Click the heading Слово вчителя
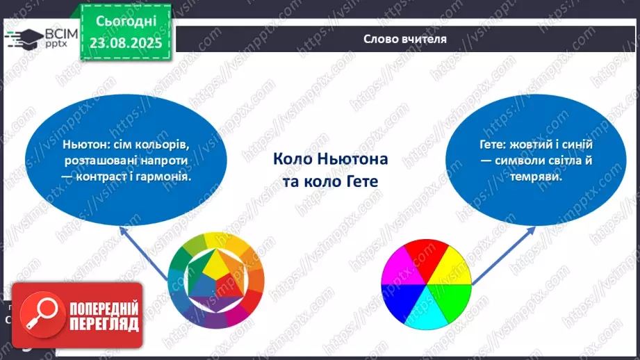(404, 39)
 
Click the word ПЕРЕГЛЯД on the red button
(104, 323)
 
